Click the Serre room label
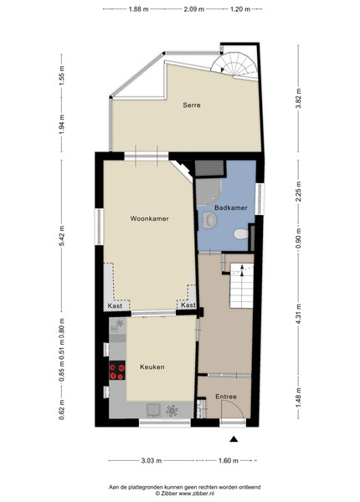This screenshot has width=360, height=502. [x=192, y=105]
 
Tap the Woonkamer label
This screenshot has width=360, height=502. [x=149, y=218]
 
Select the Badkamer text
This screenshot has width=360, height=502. [x=231, y=207]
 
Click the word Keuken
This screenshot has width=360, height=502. [x=152, y=367]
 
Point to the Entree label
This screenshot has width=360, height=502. [x=226, y=397]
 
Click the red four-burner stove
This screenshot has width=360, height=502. [x=117, y=371]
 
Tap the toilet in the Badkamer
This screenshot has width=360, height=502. [x=241, y=233]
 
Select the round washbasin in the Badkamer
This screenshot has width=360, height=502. [x=210, y=220]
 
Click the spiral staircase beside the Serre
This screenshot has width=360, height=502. [x=234, y=65]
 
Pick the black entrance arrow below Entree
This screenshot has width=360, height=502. [x=234, y=439]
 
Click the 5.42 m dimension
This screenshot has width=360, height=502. [x=62, y=236]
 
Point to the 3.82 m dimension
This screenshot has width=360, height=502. [x=298, y=98]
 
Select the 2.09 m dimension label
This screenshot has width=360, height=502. [x=193, y=9]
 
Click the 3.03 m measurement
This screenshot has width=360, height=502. [x=152, y=461]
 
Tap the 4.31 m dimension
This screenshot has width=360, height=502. [x=298, y=314]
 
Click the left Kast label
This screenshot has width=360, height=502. [x=115, y=305]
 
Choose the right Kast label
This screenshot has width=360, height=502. [x=188, y=305]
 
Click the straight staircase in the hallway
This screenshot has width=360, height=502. [x=241, y=285]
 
